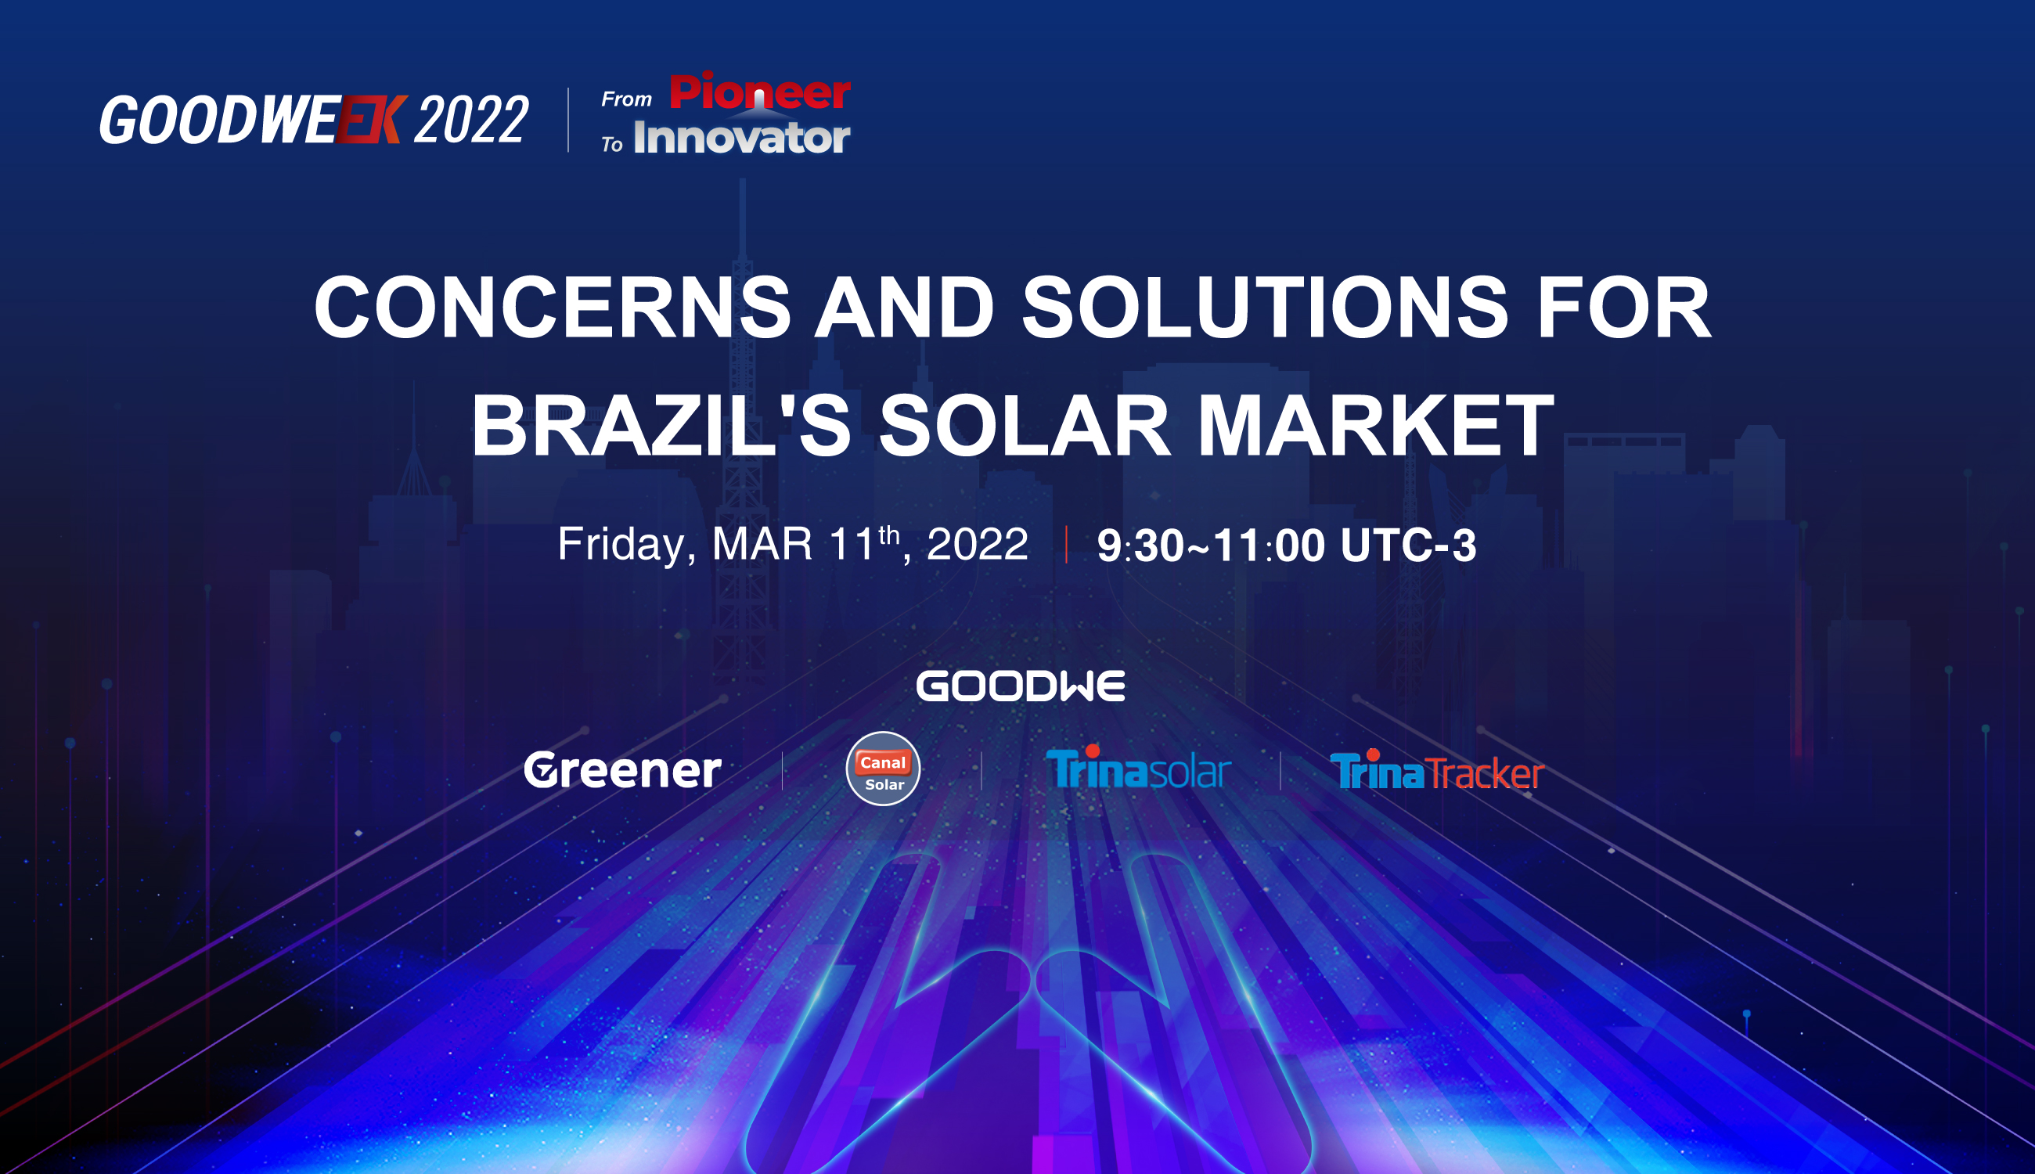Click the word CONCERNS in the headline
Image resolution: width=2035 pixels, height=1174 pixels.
(553, 308)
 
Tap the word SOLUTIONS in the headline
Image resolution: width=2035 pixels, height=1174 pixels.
(1265, 308)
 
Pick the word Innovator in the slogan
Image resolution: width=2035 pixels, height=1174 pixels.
(742, 137)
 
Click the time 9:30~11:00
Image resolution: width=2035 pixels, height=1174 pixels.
(1211, 545)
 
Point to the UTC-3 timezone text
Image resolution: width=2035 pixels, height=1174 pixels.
(1409, 545)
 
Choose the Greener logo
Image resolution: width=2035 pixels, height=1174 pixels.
(622, 769)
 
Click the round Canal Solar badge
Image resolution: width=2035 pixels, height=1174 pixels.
(883, 769)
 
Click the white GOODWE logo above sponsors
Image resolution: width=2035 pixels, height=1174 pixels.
(1021, 686)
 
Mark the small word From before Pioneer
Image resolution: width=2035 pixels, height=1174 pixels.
(626, 99)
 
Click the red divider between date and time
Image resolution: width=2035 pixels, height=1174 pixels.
(1067, 544)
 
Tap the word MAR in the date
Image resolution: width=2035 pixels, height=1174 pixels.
(762, 544)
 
